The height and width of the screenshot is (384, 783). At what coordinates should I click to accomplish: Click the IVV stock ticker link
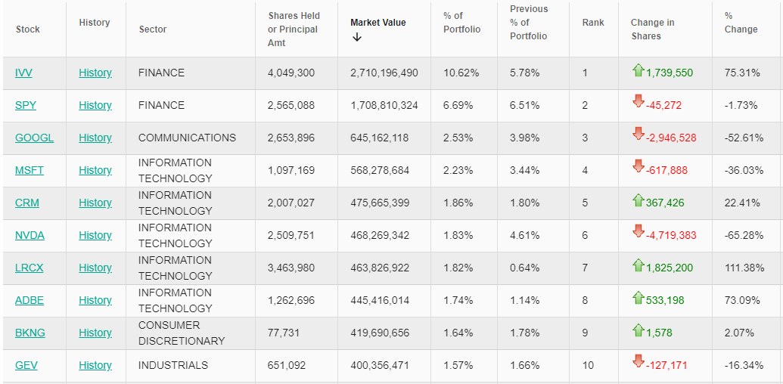click(x=23, y=73)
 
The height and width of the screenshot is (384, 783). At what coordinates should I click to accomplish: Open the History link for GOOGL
click(x=95, y=138)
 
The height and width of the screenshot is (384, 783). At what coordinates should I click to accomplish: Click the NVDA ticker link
click(x=30, y=236)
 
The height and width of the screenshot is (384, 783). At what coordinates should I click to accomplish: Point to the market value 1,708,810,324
click(x=384, y=106)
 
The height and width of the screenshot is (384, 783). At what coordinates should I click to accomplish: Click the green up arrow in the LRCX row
click(x=638, y=266)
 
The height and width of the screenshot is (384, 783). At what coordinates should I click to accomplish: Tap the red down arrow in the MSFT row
click(x=638, y=169)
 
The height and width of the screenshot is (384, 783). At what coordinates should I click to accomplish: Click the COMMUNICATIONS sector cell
click(x=187, y=138)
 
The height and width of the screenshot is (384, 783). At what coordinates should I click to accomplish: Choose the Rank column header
click(x=593, y=23)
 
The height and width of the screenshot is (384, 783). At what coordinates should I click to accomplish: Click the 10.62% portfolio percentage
click(x=458, y=73)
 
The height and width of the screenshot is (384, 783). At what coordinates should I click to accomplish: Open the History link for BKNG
click(x=95, y=333)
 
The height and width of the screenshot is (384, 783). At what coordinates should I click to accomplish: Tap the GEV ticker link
click(x=26, y=366)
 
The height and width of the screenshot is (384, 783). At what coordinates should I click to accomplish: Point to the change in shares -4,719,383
click(x=671, y=236)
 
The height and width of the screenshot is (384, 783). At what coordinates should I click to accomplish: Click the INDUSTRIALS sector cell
click(x=172, y=366)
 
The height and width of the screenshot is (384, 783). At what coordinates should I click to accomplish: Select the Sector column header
click(x=153, y=29)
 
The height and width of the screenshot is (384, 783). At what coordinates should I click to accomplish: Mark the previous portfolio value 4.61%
click(x=525, y=236)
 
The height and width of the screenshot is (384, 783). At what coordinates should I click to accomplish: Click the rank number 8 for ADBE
click(x=585, y=301)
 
